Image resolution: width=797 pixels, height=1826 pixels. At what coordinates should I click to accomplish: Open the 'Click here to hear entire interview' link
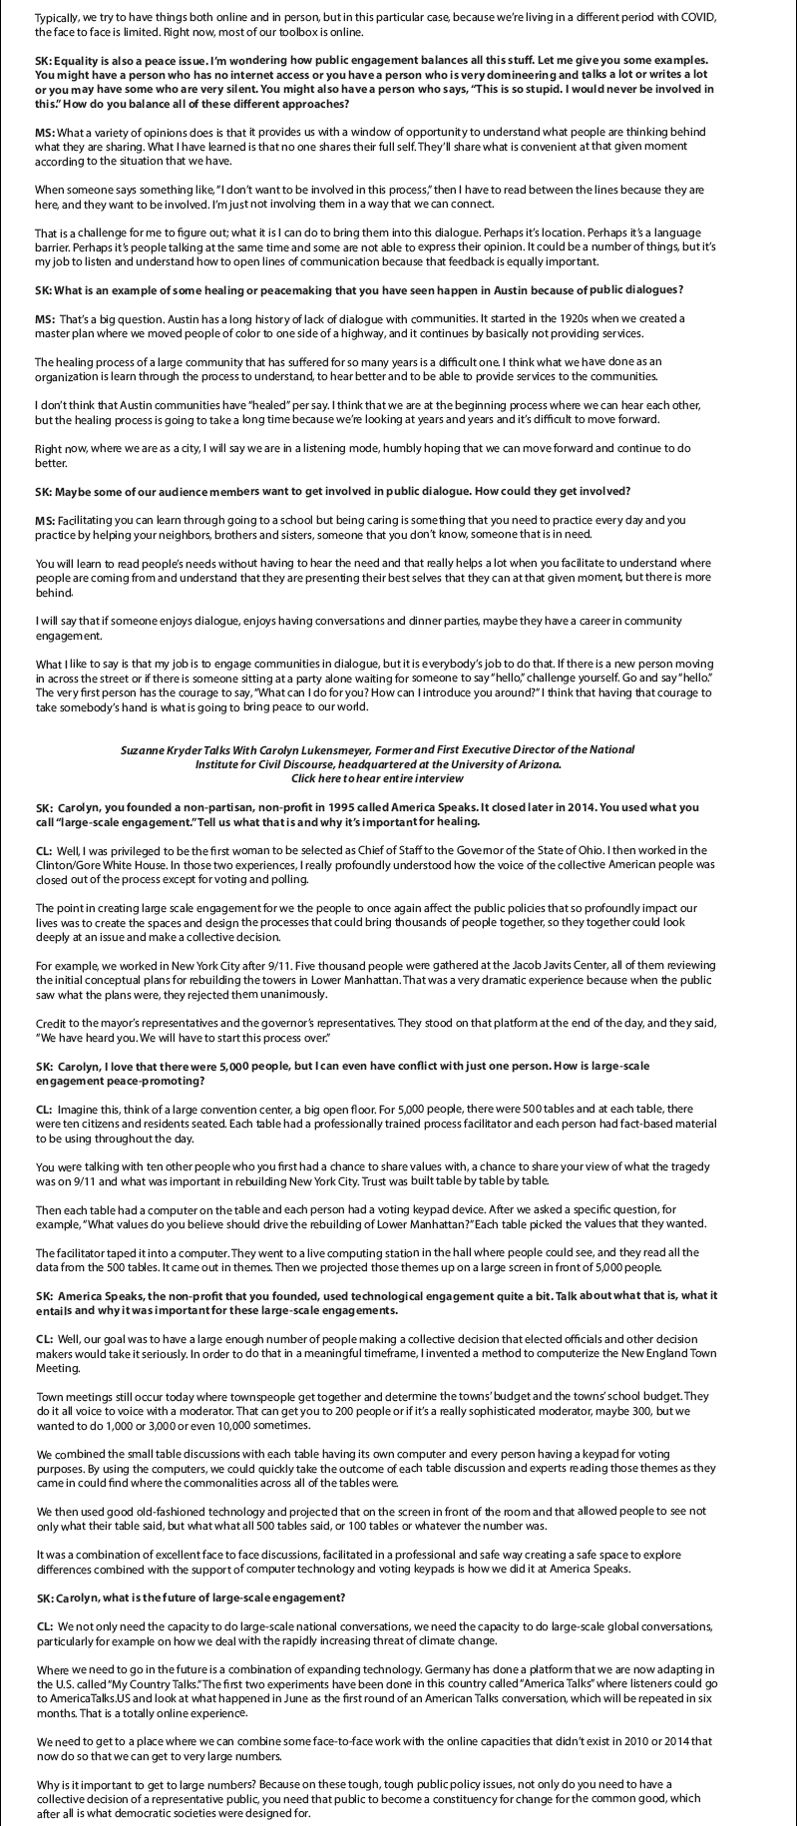(x=377, y=777)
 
